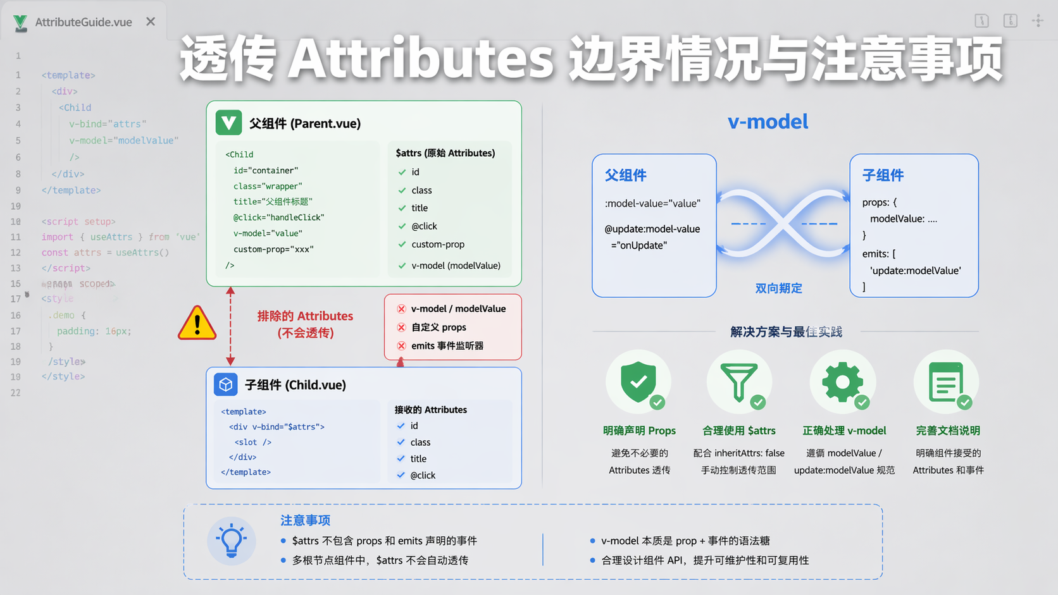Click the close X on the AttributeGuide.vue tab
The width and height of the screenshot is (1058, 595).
(151, 21)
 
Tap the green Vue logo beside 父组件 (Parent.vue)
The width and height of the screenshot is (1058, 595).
(228, 123)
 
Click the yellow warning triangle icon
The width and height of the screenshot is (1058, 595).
(197, 323)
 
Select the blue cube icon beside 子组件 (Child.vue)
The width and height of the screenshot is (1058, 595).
(225, 384)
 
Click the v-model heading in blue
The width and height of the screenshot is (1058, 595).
(768, 121)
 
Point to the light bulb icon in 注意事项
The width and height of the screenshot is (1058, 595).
(231, 541)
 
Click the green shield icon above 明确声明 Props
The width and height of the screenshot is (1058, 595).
(638, 381)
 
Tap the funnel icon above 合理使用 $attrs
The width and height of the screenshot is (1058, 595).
(738, 381)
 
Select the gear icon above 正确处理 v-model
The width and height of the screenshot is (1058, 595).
(842, 381)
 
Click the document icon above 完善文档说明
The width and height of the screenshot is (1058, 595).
(945, 381)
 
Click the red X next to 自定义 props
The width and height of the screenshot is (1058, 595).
(401, 328)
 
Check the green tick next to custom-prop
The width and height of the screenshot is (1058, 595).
(402, 245)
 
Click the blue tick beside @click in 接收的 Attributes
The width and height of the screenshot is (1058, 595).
(401, 475)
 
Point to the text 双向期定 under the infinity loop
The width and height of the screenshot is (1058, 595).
(778, 288)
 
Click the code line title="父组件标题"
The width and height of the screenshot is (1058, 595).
(273, 202)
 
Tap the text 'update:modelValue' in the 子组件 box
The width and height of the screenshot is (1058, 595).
(915, 271)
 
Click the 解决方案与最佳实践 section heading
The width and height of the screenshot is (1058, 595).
(786, 332)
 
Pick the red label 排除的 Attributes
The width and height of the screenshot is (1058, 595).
(305, 316)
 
